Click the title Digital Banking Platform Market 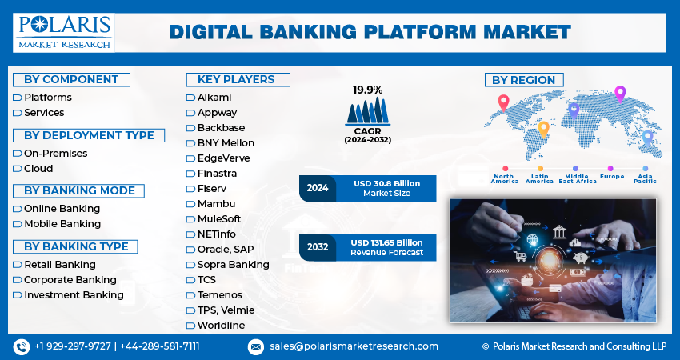pos(370,32)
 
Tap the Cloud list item pos(38,169)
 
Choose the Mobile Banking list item pos(62,224)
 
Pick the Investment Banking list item pos(73,295)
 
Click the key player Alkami pos(214,98)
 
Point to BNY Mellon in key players pos(226,143)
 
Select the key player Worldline pos(221,326)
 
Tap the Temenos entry pos(219,295)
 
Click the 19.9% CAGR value pos(367,90)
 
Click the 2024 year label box pos(318,188)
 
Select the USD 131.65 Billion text pos(387,242)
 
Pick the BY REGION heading pos(524,80)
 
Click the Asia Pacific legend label pos(646,179)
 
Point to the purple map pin pos(619,94)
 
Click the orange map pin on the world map pos(543,128)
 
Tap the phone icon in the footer pos(21,346)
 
